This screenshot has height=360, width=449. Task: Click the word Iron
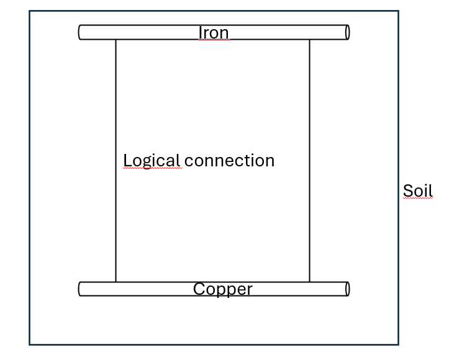point(214,32)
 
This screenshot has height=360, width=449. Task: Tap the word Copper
point(222,289)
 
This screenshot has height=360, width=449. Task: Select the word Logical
point(152,161)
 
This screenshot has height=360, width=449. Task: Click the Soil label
point(417,191)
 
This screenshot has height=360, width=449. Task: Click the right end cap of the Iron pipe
point(347,32)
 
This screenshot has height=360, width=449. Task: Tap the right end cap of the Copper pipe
point(347,289)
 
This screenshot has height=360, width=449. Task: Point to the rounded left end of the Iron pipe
point(80,32)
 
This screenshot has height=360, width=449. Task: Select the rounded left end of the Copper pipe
point(80,289)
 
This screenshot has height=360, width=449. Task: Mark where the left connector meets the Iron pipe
point(116,39)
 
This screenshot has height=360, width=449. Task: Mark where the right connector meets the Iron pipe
point(309,39)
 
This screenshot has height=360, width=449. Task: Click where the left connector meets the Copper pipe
point(116,282)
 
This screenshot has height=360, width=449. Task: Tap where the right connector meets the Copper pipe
point(309,282)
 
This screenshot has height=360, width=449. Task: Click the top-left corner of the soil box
point(30,11)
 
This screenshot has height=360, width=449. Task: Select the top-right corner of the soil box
point(397,11)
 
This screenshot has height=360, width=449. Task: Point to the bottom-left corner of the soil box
point(30,344)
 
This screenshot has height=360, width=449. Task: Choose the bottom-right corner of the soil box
point(397,344)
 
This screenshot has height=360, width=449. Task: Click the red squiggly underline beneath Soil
point(417,199)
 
